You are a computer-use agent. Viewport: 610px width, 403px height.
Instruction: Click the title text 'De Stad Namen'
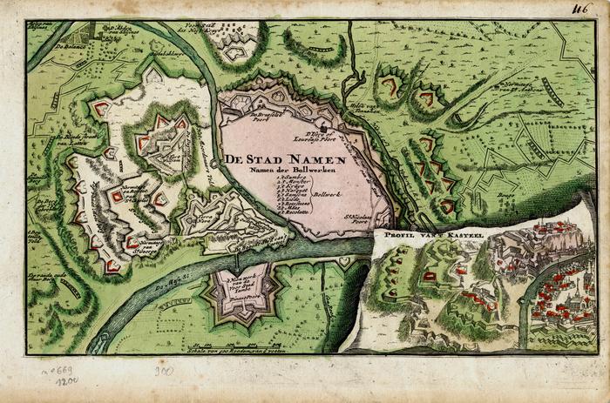click(x=284, y=159)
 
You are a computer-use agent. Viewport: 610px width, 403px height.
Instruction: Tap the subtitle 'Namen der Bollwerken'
click(x=286, y=170)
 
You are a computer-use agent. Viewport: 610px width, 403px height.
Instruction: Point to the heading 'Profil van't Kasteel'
click(x=417, y=234)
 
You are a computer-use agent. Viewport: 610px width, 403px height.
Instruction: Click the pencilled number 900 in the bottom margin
click(x=164, y=371)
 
